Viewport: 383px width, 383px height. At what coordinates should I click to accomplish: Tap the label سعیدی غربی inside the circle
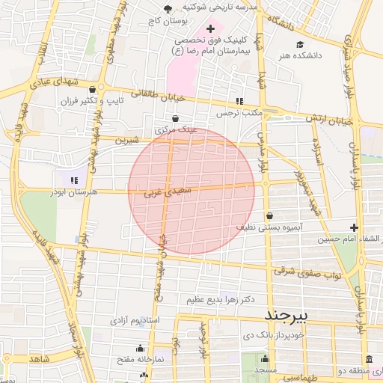[173, 192]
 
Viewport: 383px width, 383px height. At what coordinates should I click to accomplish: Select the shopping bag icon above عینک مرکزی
[175, 118]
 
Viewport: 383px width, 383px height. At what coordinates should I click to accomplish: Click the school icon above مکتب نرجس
[239, 101]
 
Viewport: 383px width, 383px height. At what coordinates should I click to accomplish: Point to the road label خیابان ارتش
[330, 119]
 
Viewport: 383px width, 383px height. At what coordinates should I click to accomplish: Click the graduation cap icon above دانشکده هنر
[299, 43]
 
